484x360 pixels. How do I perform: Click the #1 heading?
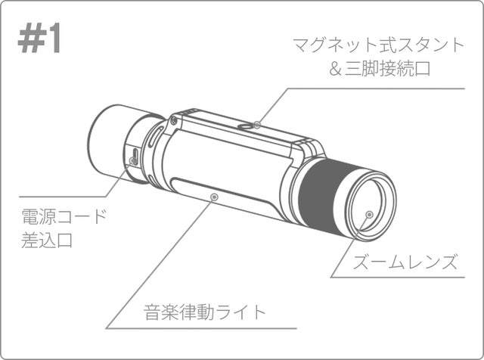click(39, 40)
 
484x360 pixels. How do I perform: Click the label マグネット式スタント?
click(378, 45)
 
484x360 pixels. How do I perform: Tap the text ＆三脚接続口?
click(380, 69)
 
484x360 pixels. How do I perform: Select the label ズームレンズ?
click(405, 262)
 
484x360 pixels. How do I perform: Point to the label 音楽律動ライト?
click(205, 312)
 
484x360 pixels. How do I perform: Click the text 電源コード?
click(64, 216)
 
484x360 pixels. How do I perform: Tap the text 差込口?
click(47, 241)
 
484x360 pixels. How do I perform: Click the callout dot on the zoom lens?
click(369, 214)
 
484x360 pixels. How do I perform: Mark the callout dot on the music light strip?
click(214, 197)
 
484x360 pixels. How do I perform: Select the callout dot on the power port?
click(133, 160)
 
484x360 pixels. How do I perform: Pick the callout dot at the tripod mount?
click(257, 125)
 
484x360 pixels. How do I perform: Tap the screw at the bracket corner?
click(174, 121)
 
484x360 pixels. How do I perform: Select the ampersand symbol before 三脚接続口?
click(335, 69)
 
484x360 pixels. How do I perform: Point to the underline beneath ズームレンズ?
click(398, 277)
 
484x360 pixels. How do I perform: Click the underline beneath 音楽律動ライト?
click(201, 328)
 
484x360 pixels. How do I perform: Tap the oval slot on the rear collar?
click(155, 137)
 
